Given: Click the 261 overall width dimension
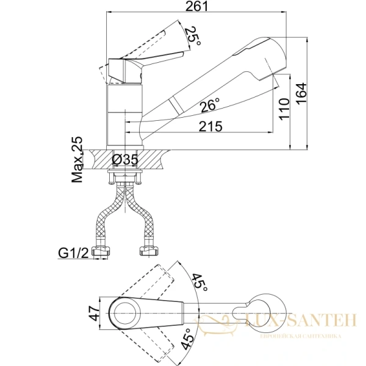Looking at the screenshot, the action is pos(196,6).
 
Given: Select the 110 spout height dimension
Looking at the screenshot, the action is pos(284,109).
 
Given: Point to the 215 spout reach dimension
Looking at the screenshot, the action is pos(210,126).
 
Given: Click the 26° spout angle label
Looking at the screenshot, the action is pos(210,105).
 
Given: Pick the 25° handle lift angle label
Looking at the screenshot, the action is pos(193,37).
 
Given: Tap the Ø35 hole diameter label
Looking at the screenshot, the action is pos(125,160).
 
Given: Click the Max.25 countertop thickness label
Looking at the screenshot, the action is pos(77,159).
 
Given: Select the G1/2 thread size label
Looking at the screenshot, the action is pos(74,253).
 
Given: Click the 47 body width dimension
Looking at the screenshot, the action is pos(95,314).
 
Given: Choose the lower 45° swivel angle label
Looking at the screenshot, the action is pos(188,339).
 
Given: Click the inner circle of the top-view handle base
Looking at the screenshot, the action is pos(125,314).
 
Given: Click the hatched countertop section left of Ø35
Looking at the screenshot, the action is pos(101,159).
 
